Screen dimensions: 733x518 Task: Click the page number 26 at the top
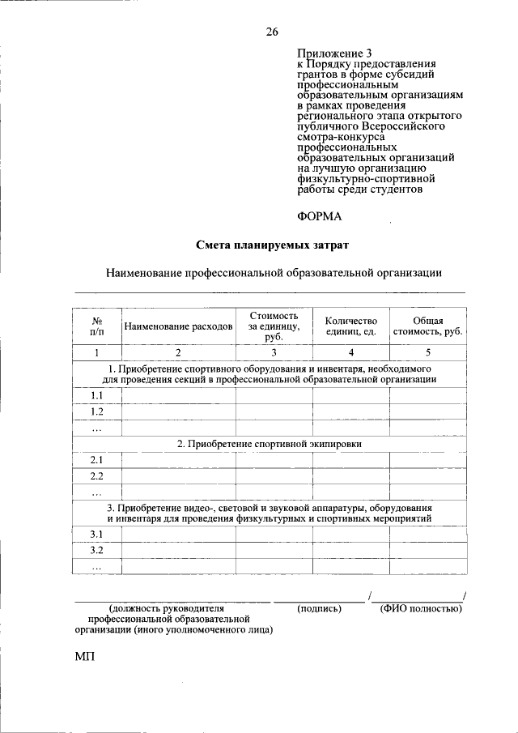coord(271,32)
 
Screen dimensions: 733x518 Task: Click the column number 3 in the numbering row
coord(274,352)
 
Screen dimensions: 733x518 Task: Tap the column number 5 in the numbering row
coord(427,352)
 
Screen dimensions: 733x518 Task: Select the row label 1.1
coord(96,395)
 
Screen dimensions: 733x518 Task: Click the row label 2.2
coord(96,475)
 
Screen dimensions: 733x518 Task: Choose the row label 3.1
coord(96,535)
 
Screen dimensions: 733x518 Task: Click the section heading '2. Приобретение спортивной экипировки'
coord(270,444)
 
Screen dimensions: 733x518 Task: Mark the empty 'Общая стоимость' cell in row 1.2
coord(427,411)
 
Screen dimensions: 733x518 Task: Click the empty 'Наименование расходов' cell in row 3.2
coord(178,551)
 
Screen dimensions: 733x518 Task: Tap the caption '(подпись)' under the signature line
coord(319,607)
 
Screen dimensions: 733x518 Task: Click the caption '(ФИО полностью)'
coord(420,607)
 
